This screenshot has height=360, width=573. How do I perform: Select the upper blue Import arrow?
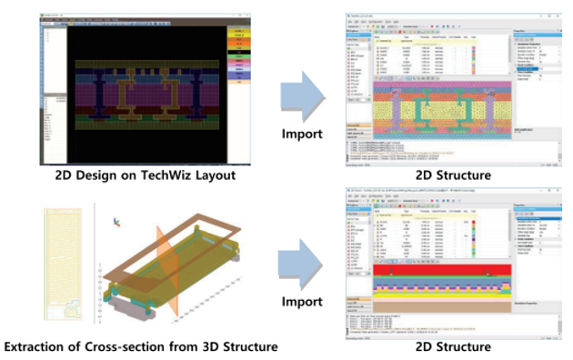[x=302, y=93]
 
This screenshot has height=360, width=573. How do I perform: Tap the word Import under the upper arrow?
[x=301, y=134]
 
